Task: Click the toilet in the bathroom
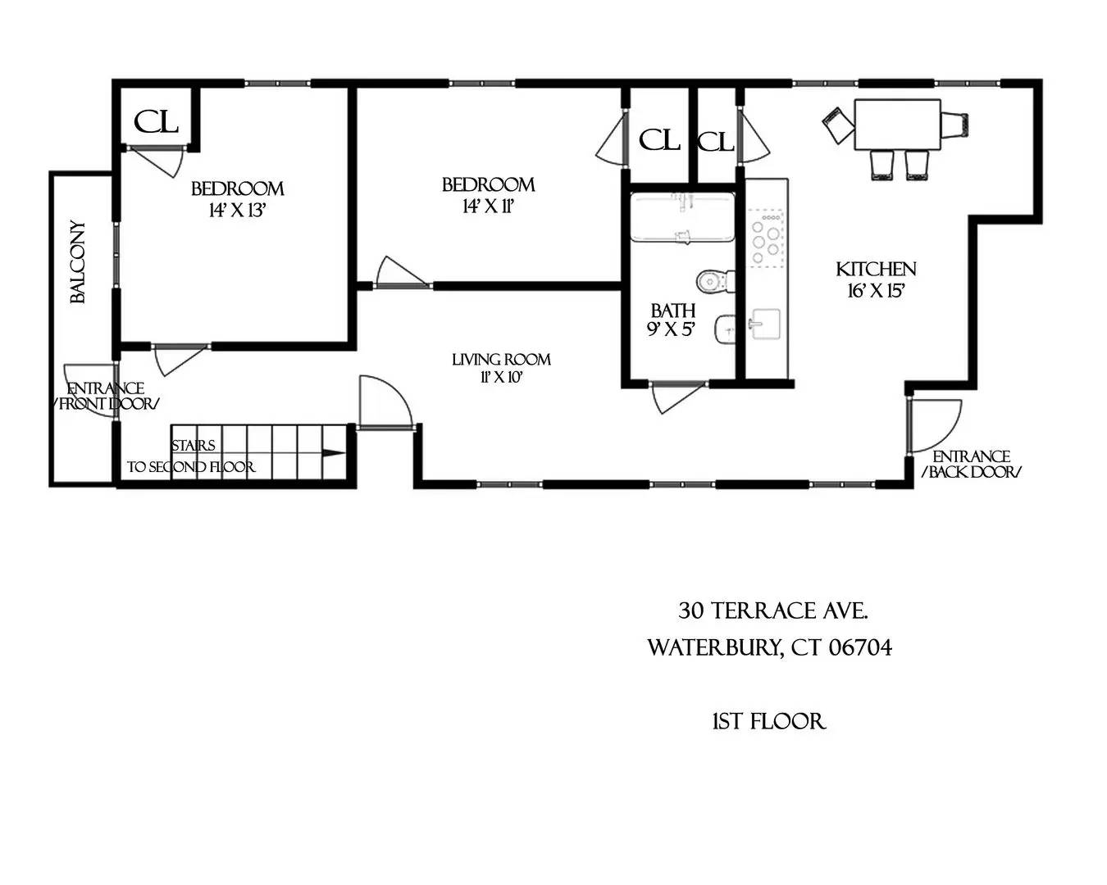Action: [713, 281]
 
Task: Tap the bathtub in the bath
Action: [681, 218]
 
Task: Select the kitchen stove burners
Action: [767, 238]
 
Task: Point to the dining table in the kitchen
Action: [896, 125]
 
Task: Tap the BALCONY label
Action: [78, 262]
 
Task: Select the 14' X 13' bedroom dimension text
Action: [238, 211]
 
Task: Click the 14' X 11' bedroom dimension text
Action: [488, 206]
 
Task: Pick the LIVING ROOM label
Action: [501, 359]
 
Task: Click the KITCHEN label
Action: [876, 269]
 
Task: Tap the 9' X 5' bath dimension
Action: [672, 329]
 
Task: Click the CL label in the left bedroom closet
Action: [156, 122]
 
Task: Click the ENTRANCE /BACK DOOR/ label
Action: [972, 464]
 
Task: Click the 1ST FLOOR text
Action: [768, 721]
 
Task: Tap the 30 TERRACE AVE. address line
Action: [773, 610]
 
